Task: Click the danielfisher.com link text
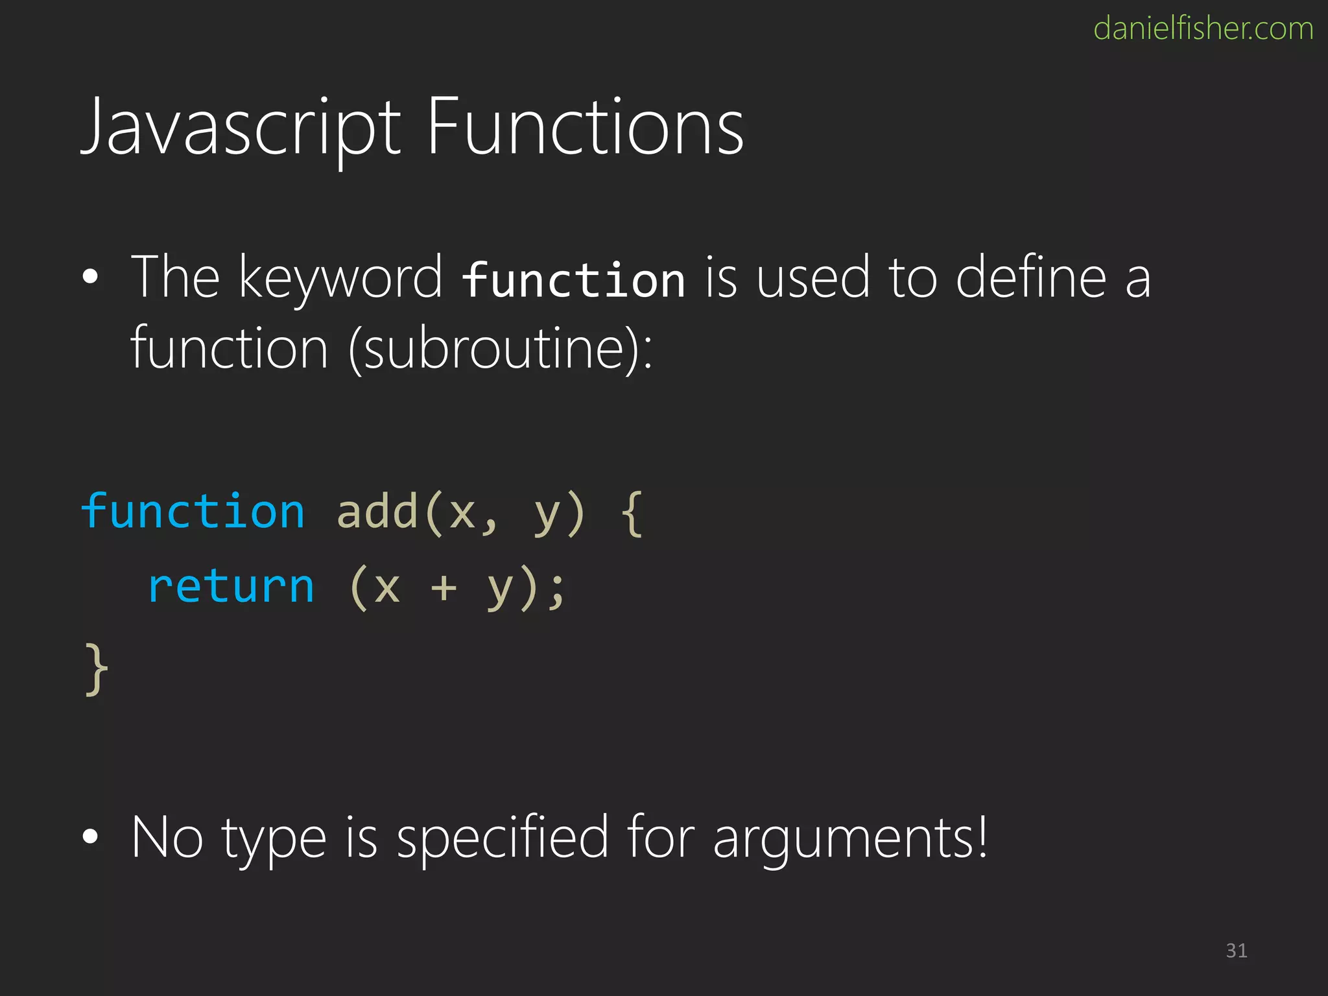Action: tap(1203, 29)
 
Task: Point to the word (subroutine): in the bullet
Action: tap(500, 349)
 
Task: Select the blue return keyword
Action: tap(231, 586)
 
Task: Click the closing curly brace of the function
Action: tap(96, 669)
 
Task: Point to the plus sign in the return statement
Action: tap(444, 587)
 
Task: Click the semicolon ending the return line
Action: tap(556, 590)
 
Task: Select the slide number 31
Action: tap(1236, 951)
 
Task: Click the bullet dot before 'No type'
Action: tap(91, 837)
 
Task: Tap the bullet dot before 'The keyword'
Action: tap(91, 278)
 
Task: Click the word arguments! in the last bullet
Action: tap(850, 838)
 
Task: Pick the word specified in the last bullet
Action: tap(503, 838)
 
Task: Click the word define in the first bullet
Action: tap(1030, 278)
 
